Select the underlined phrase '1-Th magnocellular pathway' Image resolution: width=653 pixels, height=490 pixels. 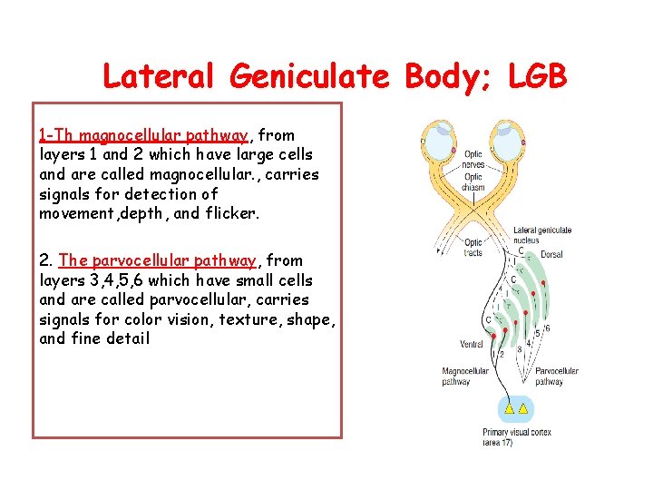point(142,135)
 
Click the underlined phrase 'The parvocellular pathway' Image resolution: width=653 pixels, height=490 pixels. point(158,260)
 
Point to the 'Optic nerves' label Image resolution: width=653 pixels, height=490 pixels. point(473,161)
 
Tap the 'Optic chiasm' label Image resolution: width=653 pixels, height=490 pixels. point(473,181)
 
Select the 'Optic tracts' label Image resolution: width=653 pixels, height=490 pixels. point(473,247)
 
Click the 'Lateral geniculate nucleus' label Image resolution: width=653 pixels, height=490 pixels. point(541,235)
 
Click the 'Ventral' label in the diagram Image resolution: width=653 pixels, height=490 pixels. point(472,345)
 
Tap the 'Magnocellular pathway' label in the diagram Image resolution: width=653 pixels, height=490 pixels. point(464,377)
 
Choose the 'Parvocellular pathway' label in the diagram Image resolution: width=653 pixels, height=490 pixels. point(557,377)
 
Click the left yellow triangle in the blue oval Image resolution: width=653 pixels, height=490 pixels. point(510,408)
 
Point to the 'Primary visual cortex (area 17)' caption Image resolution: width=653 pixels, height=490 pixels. point(517,437)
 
